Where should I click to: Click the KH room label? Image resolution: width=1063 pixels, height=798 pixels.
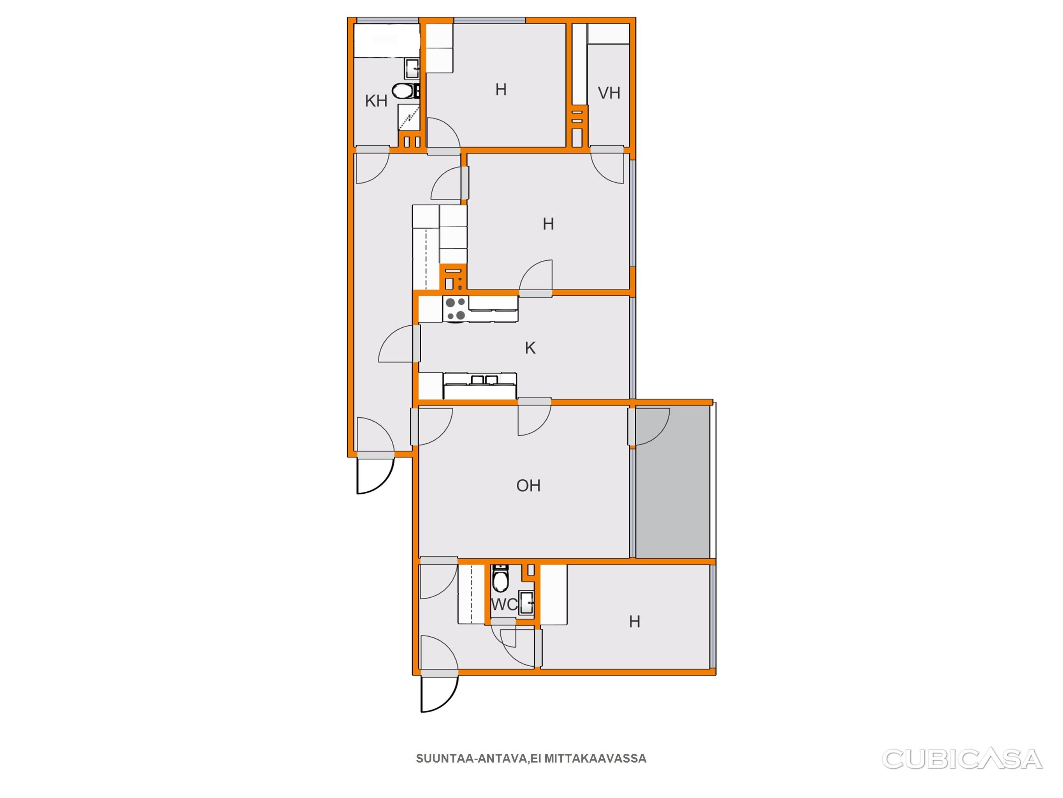click(x=376, y=101)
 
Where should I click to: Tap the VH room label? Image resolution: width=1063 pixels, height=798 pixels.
click(x=609, y=93)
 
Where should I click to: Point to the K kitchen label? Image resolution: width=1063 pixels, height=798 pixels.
click(x=530, y=348)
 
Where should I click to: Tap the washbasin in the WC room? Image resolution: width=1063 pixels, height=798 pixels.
click(x=527, y=602)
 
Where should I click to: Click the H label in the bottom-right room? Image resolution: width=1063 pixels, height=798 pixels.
click(x=634, y=622)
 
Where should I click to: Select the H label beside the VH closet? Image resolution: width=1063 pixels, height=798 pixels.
click(x=501, y=90)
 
